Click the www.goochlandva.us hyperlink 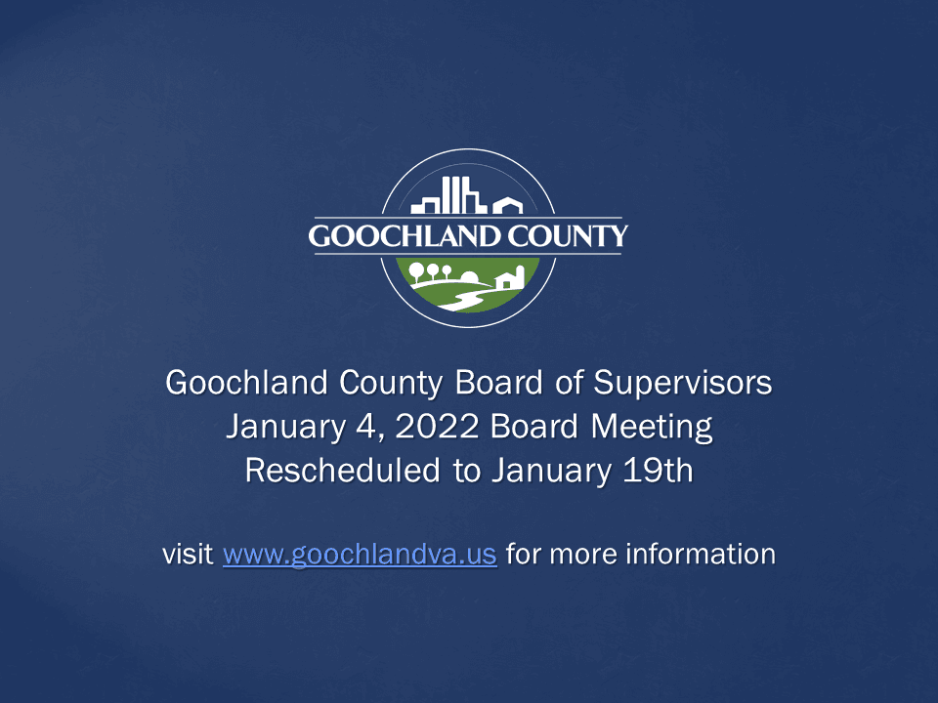(x=360, y=555)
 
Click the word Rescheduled (x=341, y=470)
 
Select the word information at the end (x=700, y=555)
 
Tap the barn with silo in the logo (x=511, y=278)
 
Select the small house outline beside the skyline (x=507, y=205)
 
